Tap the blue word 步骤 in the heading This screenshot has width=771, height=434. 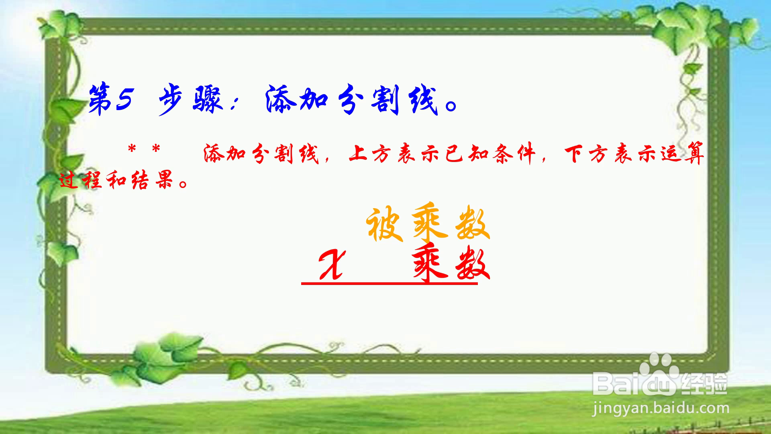click(x=190, y=100)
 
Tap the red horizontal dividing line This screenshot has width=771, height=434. click(x=390, y=284)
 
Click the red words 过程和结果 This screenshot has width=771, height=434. click(x=116, y=180)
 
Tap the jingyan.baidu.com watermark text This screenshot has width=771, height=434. click(x=661, y=409)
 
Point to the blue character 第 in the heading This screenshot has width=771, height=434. click(x=100, y=99)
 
